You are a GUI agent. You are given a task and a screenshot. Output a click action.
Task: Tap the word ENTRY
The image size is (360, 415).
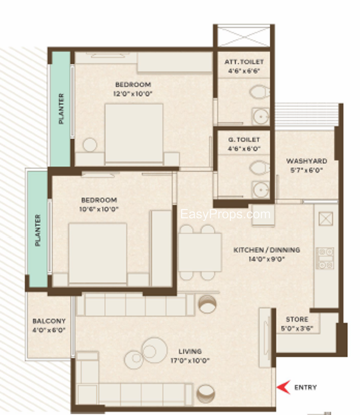306,388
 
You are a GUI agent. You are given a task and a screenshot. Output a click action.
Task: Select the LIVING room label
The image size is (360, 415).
190,352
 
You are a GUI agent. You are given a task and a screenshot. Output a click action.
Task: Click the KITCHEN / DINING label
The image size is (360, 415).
267,250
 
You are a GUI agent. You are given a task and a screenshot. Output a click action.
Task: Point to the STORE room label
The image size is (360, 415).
297,320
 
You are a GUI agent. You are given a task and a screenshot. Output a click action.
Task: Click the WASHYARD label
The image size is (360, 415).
307,161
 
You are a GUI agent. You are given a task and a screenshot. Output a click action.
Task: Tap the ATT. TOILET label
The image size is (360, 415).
244,62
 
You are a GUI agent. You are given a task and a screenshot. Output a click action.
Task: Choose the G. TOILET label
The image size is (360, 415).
244,140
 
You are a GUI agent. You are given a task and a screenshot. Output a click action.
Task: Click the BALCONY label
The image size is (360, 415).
49,321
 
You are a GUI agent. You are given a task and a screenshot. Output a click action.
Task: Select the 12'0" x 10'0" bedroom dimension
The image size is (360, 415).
133,94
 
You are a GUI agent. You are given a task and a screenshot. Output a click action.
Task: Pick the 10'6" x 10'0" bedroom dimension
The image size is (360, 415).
99,209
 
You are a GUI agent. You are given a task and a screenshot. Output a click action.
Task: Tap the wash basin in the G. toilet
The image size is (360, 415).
261,190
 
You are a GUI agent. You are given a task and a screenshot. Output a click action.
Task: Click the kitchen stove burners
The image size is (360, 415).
325,258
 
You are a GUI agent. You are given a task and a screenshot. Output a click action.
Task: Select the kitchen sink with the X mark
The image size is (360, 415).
326,218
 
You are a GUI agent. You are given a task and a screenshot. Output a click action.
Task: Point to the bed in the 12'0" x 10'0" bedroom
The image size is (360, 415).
134,133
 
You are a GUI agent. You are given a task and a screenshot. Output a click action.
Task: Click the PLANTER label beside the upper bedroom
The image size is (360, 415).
61,109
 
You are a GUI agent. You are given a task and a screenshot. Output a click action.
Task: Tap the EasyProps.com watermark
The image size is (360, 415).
225,214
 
